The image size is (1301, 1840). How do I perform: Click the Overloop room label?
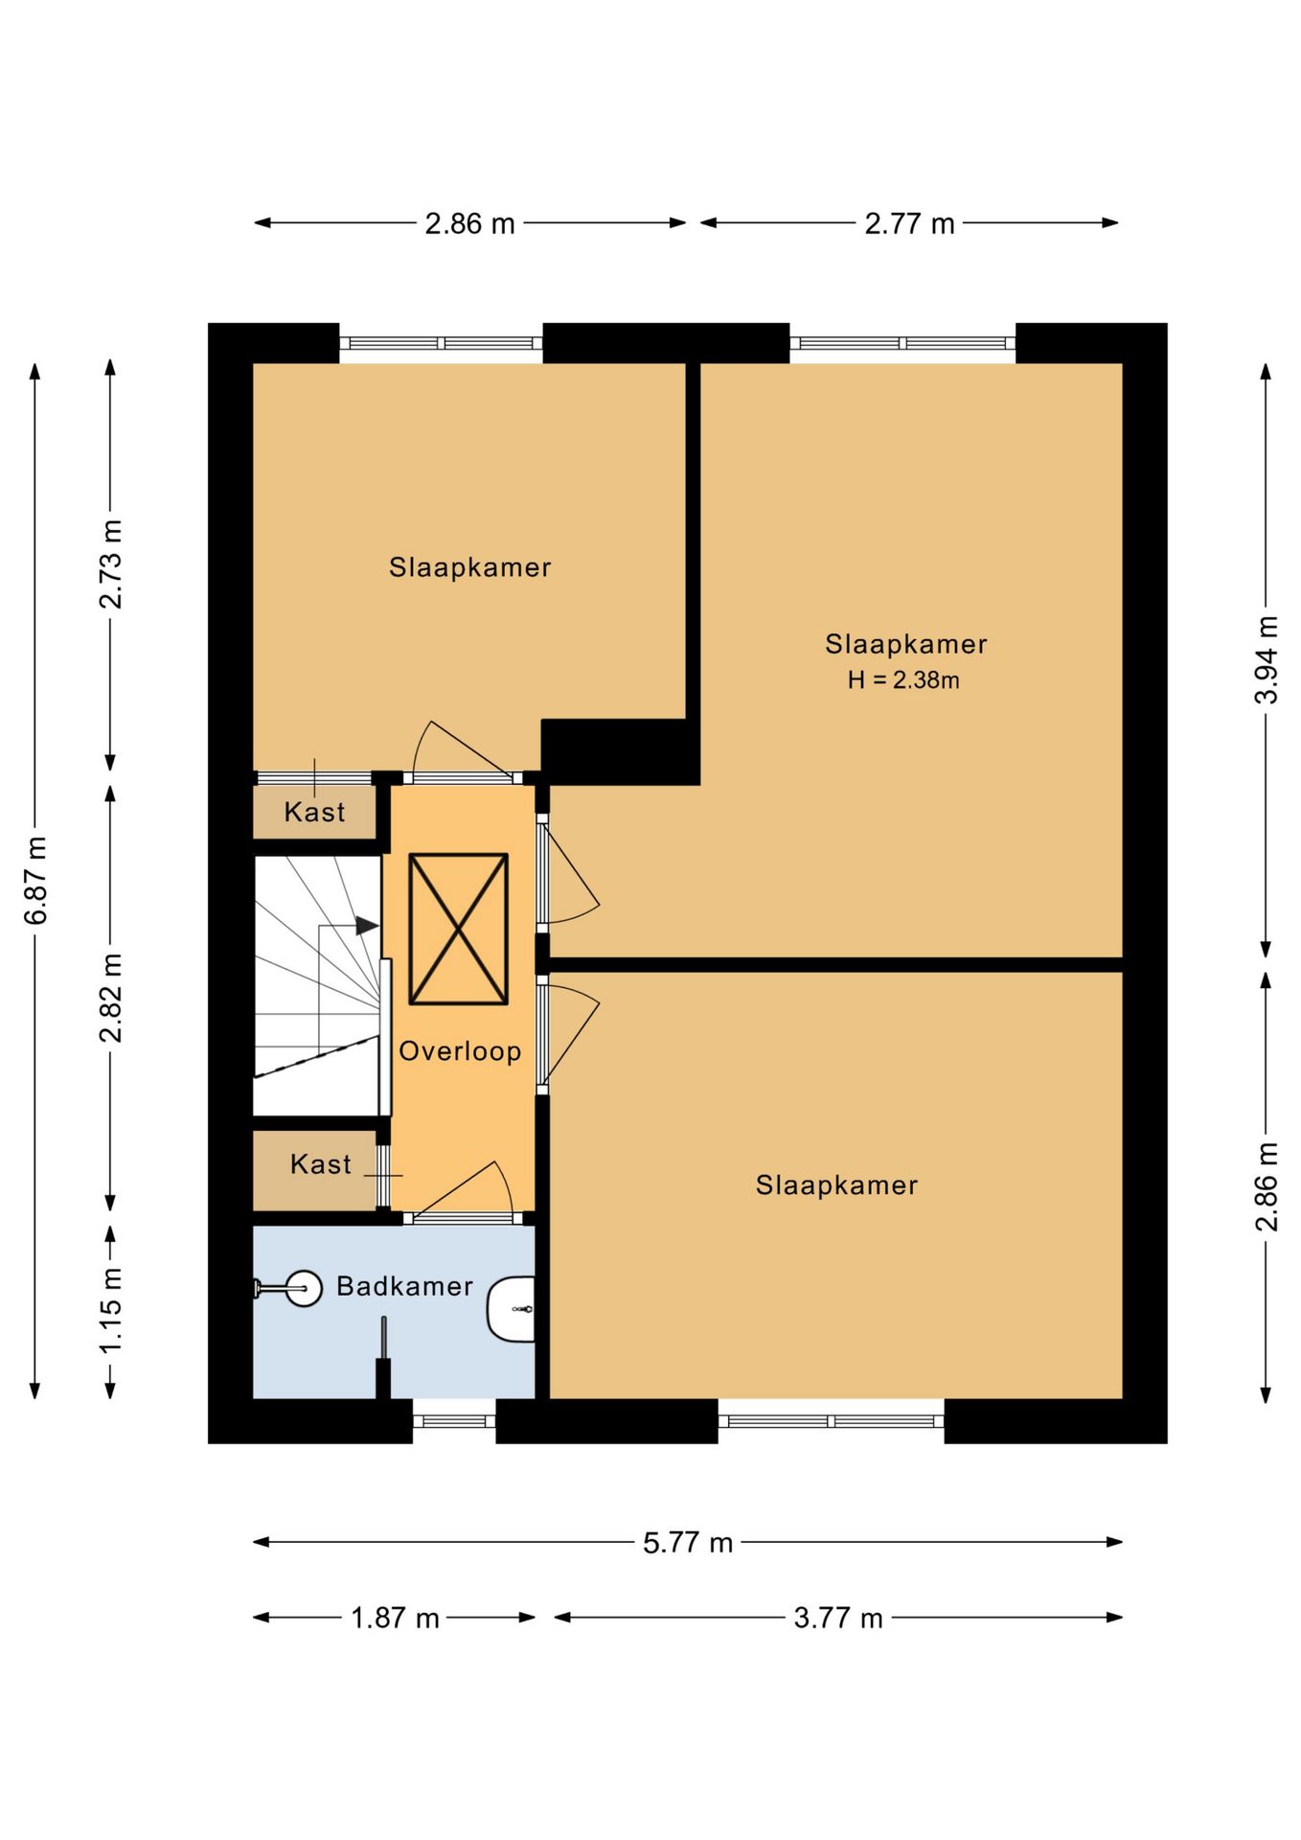click(x=460, y=1051)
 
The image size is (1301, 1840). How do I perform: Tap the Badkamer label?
click(x=404, y=1286)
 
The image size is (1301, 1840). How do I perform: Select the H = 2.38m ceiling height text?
click(x=903, y=680)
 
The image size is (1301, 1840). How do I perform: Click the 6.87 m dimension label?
click(x=35, y=881)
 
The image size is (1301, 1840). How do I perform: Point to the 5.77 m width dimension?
click(x=688, y=1543)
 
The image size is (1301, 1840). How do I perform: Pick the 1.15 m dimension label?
click(x=111, y=1309)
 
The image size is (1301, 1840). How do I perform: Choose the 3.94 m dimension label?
click(x=1267, y=660)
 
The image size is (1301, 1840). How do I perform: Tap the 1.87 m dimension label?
click(x=395, y=1619)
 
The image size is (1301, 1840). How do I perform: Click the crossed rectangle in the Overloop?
click(x=459, y=930)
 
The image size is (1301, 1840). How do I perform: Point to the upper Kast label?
click(x=314, y=813)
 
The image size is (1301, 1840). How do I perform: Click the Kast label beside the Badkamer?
click(x=321, y=1164)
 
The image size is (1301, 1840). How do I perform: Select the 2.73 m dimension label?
click(x=111, y=564)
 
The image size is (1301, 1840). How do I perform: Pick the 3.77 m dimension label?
click(x=838, y=1619)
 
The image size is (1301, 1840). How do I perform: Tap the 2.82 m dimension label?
click(x=111, y=998)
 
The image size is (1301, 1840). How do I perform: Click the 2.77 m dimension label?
click(x=910, y=224)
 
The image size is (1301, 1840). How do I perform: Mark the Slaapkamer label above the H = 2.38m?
click(x=906, y=644)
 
